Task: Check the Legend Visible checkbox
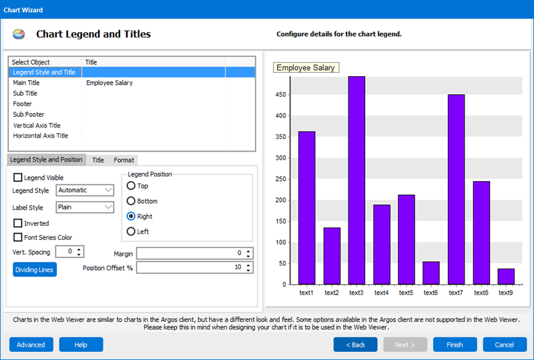tap(18, 178)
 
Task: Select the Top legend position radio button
tap(131, 186)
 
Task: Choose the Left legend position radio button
tap(131, 231)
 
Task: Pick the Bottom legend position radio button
tap(131, 201)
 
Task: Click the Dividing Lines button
tap(35, 269)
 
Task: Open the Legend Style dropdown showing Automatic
tap(85, 190)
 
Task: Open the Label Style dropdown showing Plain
tap(85, 207)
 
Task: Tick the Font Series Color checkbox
tap(18, 237)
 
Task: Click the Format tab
tap(123, 160)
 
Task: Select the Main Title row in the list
tap(27, 83)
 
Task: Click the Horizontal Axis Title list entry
tap(40, 136)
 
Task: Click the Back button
tap(355, 345)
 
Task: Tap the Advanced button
tap(31, 345)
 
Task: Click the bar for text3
tap(356, 180)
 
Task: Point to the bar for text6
tap(431, 273)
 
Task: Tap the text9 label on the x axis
tap(506, 293)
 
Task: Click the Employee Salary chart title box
tap(306, 67)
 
